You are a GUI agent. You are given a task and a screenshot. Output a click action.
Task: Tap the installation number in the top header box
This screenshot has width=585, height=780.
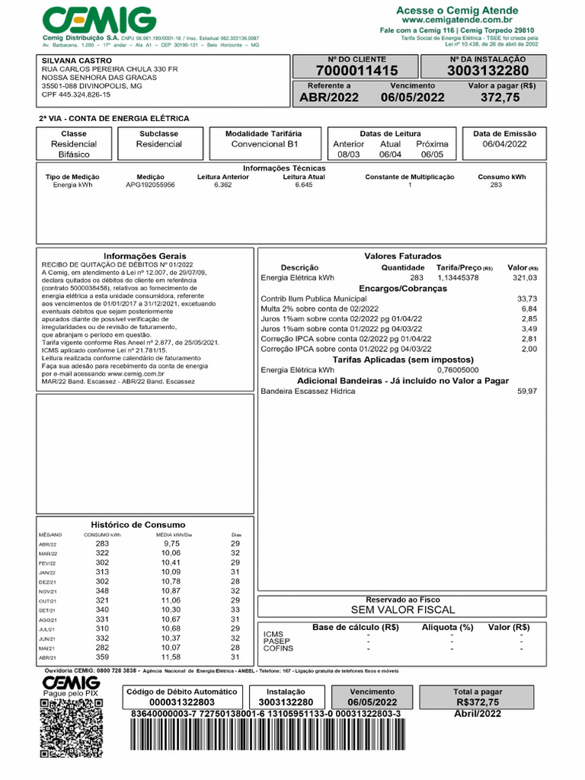click(x=487, y=71)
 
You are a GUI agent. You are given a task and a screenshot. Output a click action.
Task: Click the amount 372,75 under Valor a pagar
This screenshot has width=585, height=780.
click(x=500, y=97)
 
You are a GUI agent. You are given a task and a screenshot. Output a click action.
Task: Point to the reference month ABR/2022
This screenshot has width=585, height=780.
click(x=329, y=97)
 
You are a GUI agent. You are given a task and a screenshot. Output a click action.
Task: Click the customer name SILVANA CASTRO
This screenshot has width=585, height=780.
click(x=76, y=60)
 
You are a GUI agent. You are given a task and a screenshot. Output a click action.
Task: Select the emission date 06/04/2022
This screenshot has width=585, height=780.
click(x=504, y=144)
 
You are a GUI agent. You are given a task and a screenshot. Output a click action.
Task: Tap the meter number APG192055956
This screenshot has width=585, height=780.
click(x=150, y=185)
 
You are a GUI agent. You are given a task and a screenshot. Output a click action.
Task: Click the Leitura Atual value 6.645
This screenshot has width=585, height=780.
click(x=303, y=185)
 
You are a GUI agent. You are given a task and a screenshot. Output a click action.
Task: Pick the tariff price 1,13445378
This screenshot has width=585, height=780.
click(x=458, y=278)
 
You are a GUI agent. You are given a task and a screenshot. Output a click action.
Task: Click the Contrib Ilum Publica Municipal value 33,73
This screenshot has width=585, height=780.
click(x=526, y=299)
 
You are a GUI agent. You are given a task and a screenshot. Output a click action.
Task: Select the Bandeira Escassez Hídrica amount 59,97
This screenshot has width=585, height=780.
click(x=526, y=391)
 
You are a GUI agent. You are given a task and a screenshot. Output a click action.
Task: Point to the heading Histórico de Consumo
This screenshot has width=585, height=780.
click(x=138, y=525)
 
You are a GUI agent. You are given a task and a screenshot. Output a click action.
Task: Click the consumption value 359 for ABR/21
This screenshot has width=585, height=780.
click(x=102, y=657)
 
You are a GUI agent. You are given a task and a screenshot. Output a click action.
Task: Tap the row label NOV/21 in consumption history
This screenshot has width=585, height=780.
click(x=48, y=592)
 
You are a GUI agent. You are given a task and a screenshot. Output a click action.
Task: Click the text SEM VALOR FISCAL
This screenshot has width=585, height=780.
click(x=402, y=610)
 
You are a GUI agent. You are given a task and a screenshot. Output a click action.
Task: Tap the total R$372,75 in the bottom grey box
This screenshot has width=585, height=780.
click(x=478, y=702)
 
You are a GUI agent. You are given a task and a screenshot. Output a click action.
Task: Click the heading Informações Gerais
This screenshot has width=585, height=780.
click(x=145, y=256)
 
